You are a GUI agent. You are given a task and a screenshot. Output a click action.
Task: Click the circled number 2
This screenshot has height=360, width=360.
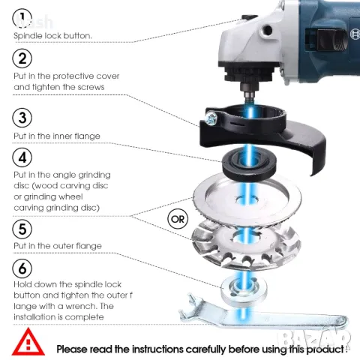pos(22,58)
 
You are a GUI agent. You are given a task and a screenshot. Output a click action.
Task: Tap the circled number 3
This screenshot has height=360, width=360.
pos(22,118)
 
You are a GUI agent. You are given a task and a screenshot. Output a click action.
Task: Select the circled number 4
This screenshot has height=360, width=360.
pos(22,157)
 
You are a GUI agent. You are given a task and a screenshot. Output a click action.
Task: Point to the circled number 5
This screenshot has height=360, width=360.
pos(22,229)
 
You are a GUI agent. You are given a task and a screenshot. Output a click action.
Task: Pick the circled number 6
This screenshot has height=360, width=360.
pos(22,268)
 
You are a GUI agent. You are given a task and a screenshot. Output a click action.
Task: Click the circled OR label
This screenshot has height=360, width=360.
pos(178,219)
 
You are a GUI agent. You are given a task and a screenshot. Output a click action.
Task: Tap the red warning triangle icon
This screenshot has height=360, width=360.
pos(28,342)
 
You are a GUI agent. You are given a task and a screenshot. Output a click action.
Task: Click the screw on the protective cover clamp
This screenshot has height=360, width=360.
pos(211,118)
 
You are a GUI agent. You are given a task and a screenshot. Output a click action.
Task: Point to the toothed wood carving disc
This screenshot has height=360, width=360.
pos(246,244)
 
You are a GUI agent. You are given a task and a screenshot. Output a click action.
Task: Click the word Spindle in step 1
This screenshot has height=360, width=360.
pos(28,36)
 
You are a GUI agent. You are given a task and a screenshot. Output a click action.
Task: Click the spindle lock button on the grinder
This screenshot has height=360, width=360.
pos(249,17)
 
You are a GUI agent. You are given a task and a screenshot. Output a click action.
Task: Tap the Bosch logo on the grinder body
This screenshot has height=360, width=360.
pos(355,33)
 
